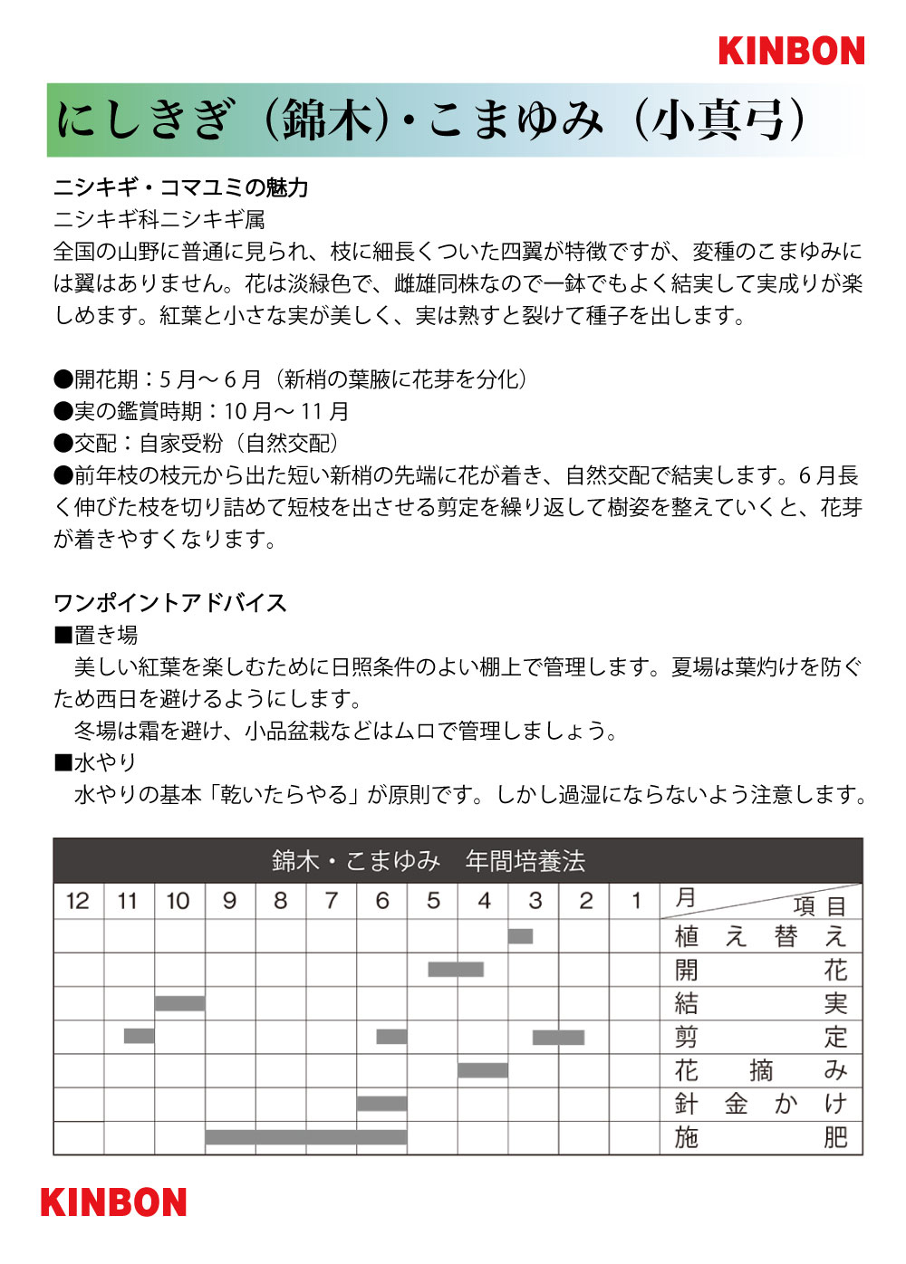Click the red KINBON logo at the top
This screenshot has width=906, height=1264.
(791, 51)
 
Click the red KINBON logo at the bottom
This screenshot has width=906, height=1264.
(113, 1202)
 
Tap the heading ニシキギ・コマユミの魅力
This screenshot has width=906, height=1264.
(181, 187)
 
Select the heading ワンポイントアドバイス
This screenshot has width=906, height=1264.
(170, 603)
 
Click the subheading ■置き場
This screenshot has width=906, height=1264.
(96, 635)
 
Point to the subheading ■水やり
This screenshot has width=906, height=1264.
(96, 762)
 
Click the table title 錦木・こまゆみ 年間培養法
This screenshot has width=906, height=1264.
(429, 860)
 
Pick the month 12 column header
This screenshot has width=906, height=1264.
(78, 901)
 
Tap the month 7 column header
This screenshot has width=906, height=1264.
(332, 901)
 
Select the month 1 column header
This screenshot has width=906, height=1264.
(636, 901)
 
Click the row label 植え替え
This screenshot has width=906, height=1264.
(760, 936)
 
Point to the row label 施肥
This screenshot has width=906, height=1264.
(760, 1137)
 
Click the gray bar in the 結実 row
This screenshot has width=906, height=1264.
(179, 1003)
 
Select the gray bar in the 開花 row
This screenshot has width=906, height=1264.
(456, 970)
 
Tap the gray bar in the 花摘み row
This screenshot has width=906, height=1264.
(483, 1070)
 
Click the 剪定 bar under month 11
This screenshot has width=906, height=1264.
(139, 1036)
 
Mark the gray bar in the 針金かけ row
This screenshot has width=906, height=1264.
(381, 1104)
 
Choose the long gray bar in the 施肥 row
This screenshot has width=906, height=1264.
(305, 1137)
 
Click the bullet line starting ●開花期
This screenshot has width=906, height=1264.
(291, 379)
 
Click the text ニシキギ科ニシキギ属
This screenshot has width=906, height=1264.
(159, 219)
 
